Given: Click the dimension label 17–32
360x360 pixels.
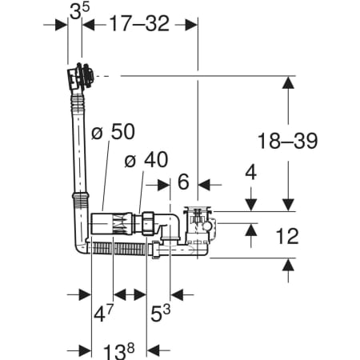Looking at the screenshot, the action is coord(139,23).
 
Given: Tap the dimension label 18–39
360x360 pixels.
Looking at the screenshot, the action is coord(288,141).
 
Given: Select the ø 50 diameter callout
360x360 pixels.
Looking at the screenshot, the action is coord(113,131).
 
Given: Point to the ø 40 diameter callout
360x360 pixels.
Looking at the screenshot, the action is coord(146,160).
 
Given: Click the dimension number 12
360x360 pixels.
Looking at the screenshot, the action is coord(287,236).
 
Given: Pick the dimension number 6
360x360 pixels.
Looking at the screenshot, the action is coord(183,182).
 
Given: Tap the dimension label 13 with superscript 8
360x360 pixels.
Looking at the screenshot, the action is coord(119,351).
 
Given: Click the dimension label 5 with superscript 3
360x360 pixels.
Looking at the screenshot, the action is coord(160,313).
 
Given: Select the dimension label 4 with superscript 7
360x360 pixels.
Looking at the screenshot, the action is coord(103,313).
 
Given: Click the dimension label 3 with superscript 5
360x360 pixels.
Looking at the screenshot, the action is coord(80,11).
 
